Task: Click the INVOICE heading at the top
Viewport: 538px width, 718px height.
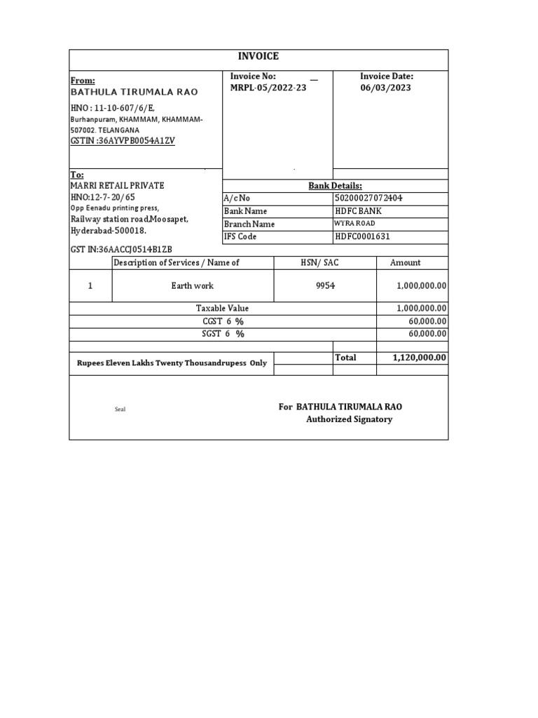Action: coord(258,57)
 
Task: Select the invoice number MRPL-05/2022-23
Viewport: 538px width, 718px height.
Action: coord(268,88)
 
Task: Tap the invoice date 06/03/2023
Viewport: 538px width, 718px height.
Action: coord(385,88)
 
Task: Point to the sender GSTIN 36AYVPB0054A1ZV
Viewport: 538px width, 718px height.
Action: coord(123,141)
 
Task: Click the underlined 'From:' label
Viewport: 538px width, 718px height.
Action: coord(83,81)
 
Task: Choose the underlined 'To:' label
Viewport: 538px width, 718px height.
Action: coord(77,174)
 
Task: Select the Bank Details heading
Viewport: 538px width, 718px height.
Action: coord(336,186)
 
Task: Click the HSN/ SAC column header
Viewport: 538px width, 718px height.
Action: coord(324,262)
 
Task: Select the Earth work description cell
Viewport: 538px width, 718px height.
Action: coord(193,286)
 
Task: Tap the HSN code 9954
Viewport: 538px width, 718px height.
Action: coord(325,286)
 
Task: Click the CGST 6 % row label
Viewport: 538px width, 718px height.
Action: coord(223,321)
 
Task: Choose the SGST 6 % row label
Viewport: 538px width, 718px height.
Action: coord(223,334)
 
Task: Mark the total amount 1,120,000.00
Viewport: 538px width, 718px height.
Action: coord(420,358)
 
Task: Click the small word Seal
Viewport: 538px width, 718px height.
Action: coord(120,409)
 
